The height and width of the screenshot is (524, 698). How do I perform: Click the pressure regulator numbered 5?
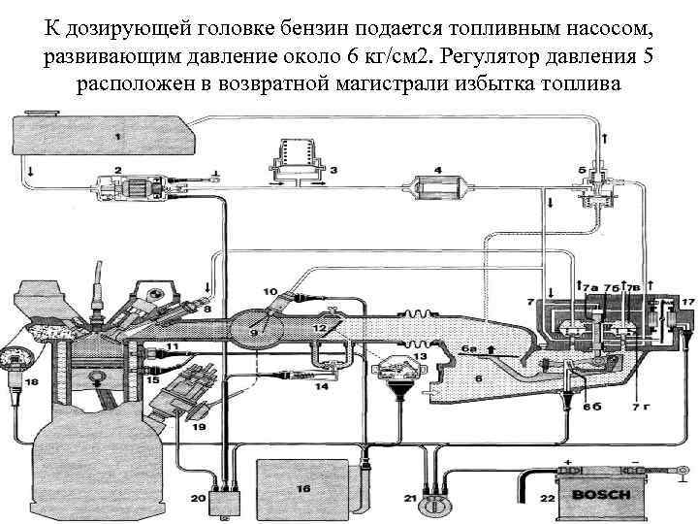coord(592,184)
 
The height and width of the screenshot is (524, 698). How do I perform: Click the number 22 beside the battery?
coord(545,498)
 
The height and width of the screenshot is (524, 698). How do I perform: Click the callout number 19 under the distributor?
coord(199,425)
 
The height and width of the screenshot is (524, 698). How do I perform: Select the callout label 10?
coord(270,291)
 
